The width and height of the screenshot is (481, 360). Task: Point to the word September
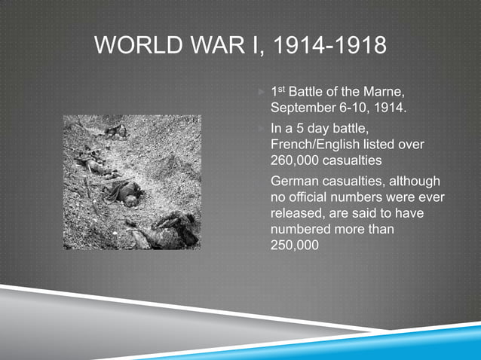click(x=301, y=108)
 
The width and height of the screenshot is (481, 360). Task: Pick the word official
click(x=314, y=198)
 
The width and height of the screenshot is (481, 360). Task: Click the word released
click(x=296, y=214)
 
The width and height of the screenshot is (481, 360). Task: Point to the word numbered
click(x=302, y=230)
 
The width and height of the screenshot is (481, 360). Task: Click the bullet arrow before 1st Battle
click(x=260, y=93)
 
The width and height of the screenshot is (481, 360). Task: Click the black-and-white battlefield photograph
click(x=132, y=182)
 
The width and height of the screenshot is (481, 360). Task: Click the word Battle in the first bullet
click(x=310, y=93)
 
